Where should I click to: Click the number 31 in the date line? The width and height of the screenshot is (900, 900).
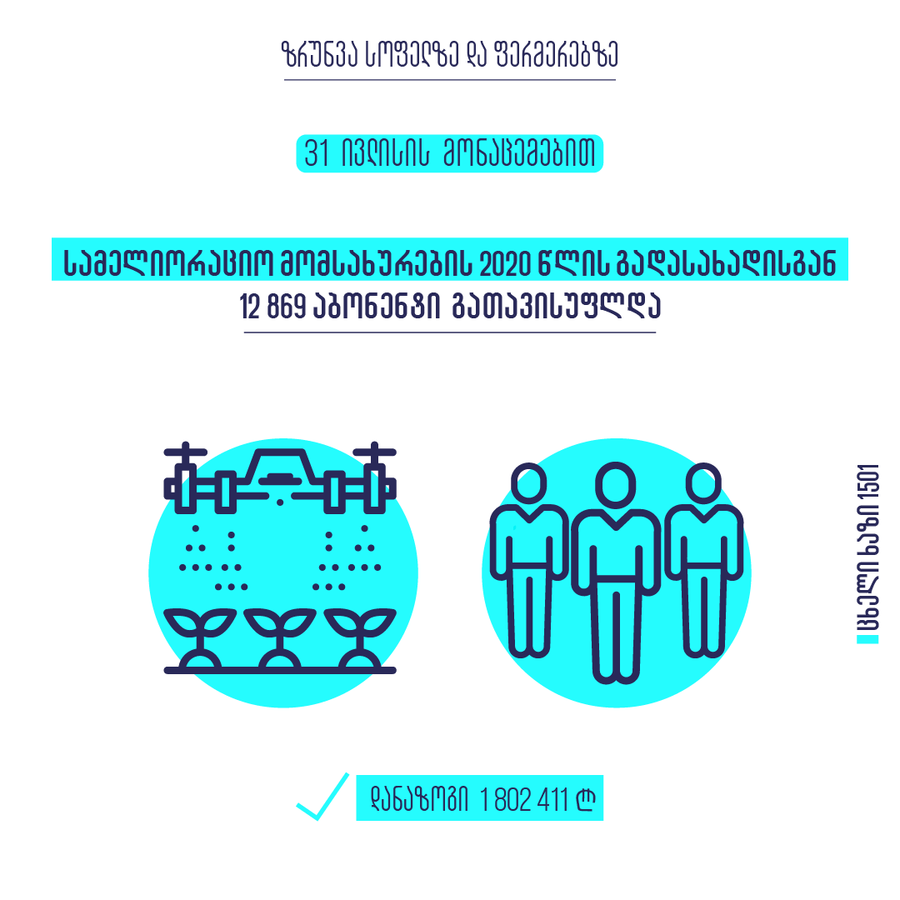[x=317, y=156]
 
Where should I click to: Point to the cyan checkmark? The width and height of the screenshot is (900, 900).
[x=322, y=797]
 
